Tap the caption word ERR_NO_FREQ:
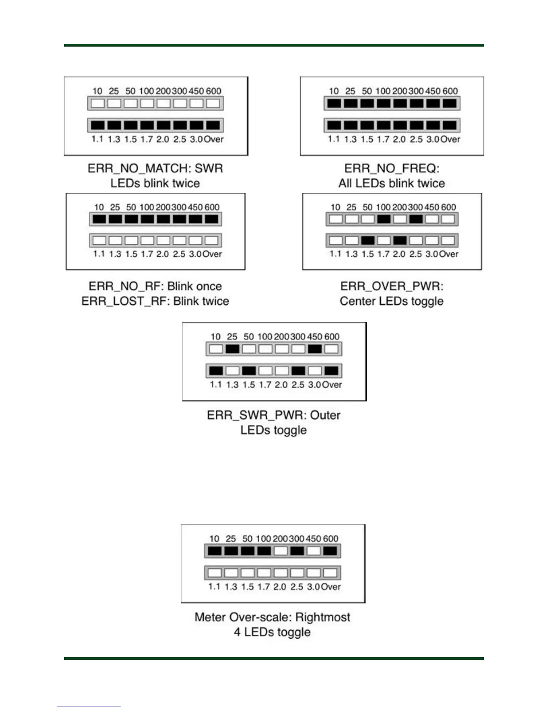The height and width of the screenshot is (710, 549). pyautogui.click(x=392, y=169)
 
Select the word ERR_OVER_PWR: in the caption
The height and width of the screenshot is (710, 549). pyautogui.click(x=392, y=286)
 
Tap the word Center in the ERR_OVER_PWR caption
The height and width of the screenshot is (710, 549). pyautogui.click(x=357, y=301)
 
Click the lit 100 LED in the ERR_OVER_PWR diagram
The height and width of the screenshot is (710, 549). pyautogui.click(x=383, y=219)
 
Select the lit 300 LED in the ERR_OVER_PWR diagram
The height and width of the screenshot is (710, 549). pyautogui.click(x=416, y=219)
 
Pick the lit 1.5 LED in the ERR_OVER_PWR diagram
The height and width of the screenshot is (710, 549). pyautogui.click(x=367, y=241)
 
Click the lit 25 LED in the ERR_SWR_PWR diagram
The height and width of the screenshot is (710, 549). pyautogui.click(x=232, y=349)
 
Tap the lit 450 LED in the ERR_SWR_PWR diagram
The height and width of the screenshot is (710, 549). pyautogui.click(x=314, y=349)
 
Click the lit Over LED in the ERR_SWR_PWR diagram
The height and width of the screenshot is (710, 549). pyautogui.click(x=331, y=371)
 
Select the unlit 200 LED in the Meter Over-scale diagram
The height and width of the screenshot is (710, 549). pyautogui.click(x=280, y=551)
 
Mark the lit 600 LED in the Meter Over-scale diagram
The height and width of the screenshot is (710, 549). pyautogui.click(x=330, y=551)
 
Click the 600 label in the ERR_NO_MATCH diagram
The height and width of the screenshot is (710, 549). pyautogui.click(x=213, y=91)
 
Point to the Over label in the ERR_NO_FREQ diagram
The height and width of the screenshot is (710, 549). pyautogui.click(x=450, y=139)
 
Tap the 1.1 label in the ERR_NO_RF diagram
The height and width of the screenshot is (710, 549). pyautogui.click(x=99, y=254)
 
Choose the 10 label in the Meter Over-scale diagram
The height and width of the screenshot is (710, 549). pyautogui.click(x=214, y=539)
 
